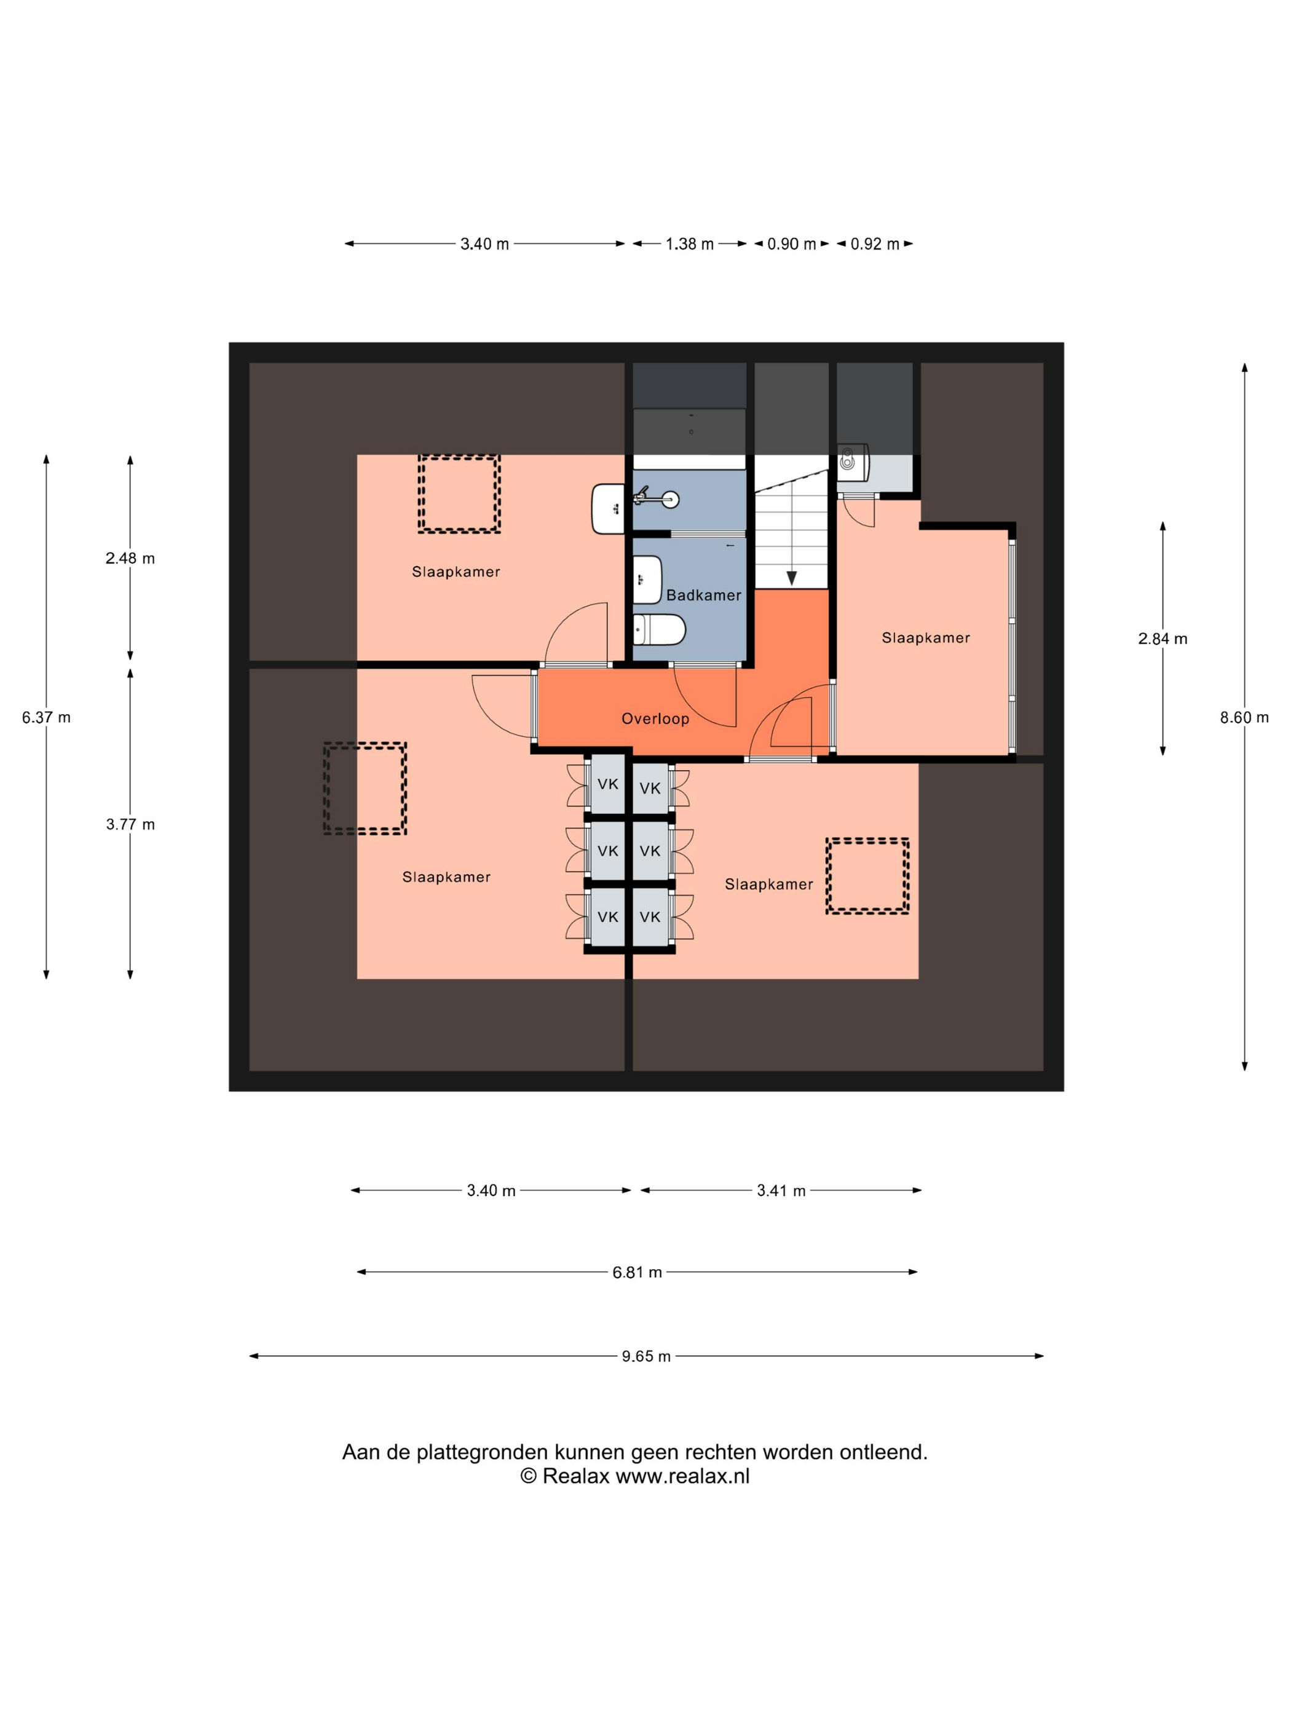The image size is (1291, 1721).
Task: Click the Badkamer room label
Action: tap(703, 595)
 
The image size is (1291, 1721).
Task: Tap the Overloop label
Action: tap(655, 719)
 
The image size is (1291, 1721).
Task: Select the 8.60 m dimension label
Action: tap(1244, 717)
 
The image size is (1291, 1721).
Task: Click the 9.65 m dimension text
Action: tap(646, 1356)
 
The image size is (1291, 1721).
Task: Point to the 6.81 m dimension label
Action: tap(636, 1272)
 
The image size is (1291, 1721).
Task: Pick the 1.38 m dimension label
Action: tap(690, 243)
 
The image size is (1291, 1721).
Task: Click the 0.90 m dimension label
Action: tap(791, 243)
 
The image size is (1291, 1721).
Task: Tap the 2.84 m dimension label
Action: tap(1163, 639)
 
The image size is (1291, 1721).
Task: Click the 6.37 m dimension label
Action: tap(46, 717)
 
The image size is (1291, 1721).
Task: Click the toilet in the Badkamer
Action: tap(658, 629)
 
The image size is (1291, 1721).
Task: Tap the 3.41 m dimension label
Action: tap(781, 1191)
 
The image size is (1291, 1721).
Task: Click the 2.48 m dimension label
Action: tap(130, 559)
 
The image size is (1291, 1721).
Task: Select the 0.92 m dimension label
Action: tap(875, 243)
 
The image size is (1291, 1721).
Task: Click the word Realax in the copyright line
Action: tap(576, 1477)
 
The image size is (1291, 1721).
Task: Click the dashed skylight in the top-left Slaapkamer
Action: tap(459, 494)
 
